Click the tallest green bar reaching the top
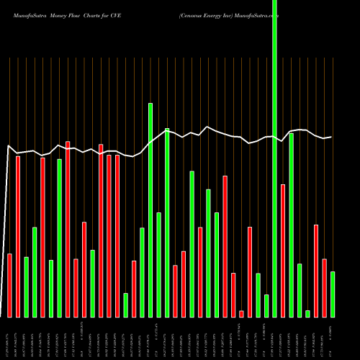tap(274, 158)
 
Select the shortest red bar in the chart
tap(241, 314)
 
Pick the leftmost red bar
tap(9, 285)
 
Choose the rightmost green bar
tap(333, 294)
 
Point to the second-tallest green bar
tap(150, 210)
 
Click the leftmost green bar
tap(26, 287)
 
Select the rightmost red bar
tap(324, 287)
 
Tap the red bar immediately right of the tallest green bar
tap(283, 251)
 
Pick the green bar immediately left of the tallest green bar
tap(266, 306)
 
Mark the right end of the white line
tap(331, 137)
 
